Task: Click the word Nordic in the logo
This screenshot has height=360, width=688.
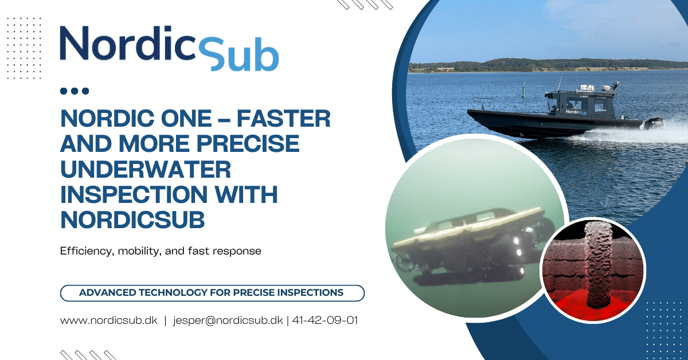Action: pyautogui.click(x=127, y=43)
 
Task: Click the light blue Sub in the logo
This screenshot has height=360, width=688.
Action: pyautogui.click(x=239, y=54)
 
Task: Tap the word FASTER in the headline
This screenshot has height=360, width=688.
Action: pyautogui.click(x=283, y=118)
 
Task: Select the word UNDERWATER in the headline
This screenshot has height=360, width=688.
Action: pyautogui.click(x=146, y=169)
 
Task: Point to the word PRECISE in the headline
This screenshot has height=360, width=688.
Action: pyautogui.click(x=248, y=144)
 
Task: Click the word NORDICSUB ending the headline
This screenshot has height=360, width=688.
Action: pyautogui.click(x=132, y=220)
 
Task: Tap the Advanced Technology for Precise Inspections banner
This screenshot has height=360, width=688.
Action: pyautogui.click(x=212, y=293)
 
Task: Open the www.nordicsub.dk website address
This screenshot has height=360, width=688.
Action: pyautogui.click(x=109, y=320)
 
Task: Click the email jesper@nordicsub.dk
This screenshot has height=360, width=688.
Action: pyautogui.click(x=228, y=320)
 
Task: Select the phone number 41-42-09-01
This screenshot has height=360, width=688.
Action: pyautogui.click(x=325, y=320)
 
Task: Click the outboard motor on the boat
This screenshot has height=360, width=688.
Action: pyautogui.click(x=652, y=123)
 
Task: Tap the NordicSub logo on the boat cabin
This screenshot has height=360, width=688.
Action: pyautogui.click(x=576, y=112)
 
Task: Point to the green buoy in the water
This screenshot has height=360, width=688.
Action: pyautogui.click(x=523, y=89)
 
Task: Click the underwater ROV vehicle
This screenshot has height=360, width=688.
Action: pyautogui.click(x=475, y=246)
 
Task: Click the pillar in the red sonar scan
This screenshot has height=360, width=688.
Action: pyautogui.click(x=596, y=265)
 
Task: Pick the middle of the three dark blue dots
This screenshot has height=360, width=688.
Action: pyautogui.click(x=75, y=91)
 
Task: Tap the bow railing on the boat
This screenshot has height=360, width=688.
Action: pyautogui.click(x=483, y=103)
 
